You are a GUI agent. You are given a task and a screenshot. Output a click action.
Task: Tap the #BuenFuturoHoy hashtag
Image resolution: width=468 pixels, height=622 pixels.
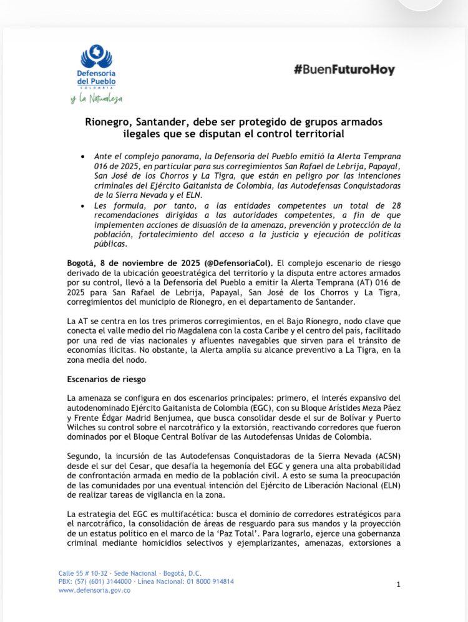(344, 70)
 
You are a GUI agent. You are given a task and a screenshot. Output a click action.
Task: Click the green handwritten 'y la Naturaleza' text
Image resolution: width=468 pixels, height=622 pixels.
(96, 99)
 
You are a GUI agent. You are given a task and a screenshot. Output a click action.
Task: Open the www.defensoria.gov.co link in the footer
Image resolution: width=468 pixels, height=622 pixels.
(94, 591)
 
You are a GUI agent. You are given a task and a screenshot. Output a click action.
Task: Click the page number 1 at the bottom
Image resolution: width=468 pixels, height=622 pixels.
(398, 585)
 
